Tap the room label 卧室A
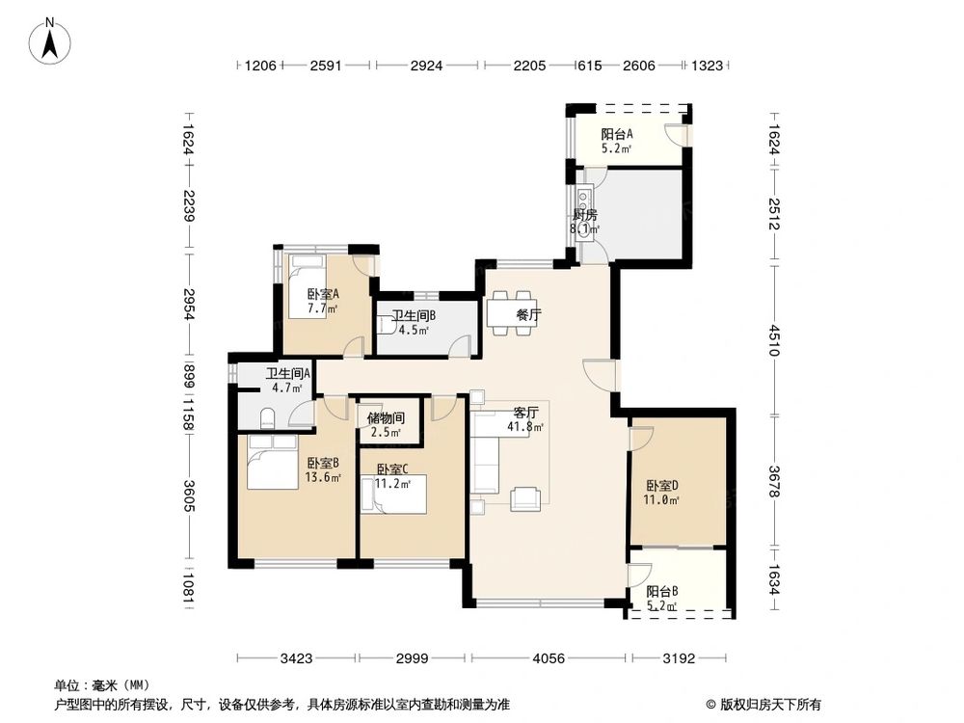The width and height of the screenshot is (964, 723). (322, 295)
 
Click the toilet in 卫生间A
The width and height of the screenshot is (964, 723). (270, 416)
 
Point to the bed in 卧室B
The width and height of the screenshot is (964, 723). (272, 462)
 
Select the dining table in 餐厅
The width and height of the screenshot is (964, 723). (509, 315)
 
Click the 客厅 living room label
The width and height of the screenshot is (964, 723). (525, 413)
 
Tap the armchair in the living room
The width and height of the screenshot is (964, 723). (525, 497)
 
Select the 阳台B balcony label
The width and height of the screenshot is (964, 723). (661, 592)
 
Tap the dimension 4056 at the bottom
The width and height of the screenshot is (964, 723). (549, 659)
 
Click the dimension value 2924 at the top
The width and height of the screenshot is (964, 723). (426, 66)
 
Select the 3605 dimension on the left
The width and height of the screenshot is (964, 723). (188, 499)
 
